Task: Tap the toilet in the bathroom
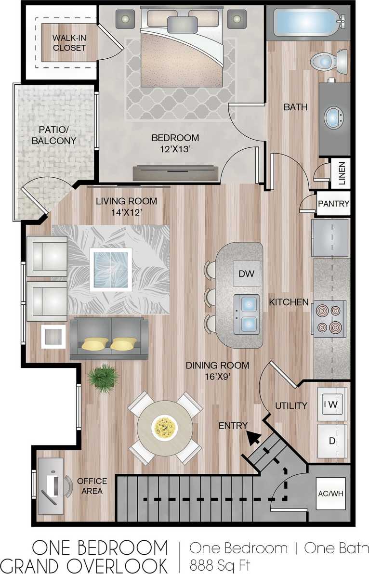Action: tap(329, 61)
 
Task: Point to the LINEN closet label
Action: tap(342, 174)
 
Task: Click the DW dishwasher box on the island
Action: tap(246, 274)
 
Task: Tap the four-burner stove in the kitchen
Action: tap(329, 317)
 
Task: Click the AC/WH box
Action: tap(330, 493)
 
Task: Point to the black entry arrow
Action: tap(253, 437)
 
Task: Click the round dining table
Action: tap(164, 427)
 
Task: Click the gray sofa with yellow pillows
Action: tap(109, 339)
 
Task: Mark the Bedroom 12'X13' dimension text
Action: tap(175, 149)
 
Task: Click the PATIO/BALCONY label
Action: tap(54, 135)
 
